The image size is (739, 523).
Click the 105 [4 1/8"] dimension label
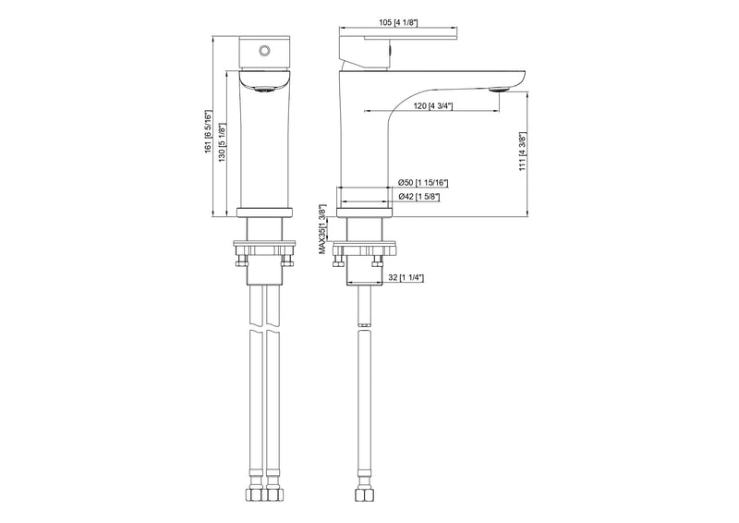398,22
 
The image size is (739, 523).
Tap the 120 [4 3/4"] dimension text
433,106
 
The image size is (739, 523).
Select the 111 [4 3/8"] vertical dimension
523,152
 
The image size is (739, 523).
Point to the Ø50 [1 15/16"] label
423,183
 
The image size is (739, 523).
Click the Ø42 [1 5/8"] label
419,197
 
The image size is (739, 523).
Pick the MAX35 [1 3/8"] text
322,229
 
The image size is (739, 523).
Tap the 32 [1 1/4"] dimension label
406,278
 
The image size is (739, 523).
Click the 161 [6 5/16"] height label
208,131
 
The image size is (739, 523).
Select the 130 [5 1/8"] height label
222,141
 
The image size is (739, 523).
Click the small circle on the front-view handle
264,50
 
